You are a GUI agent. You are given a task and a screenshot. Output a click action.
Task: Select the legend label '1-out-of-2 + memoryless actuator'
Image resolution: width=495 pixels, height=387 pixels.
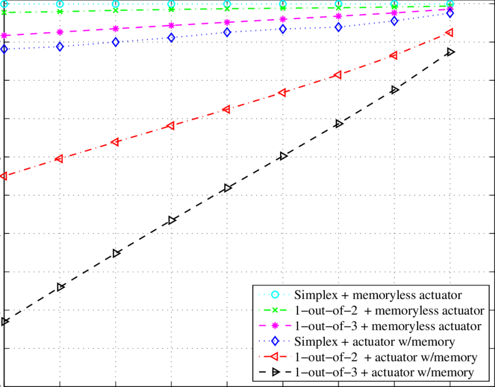click(390, 310)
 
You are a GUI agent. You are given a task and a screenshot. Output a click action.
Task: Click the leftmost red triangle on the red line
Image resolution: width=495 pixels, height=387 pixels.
click(3, 175)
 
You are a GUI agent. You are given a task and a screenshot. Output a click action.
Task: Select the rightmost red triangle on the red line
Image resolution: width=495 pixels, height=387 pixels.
click(448, 33)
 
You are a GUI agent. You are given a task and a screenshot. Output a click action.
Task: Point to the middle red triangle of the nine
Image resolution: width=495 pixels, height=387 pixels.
click(226, 109)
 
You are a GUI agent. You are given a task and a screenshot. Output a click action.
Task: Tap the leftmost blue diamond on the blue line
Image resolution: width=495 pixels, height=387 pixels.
click(5, 49)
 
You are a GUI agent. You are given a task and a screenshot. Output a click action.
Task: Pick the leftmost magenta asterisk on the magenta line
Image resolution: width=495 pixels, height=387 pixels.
click(5, 35)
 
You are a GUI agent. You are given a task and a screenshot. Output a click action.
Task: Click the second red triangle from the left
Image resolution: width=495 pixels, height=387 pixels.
click(58, 158)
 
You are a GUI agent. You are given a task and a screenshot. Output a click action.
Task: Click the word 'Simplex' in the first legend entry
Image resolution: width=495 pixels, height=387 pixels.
click(313, 294)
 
